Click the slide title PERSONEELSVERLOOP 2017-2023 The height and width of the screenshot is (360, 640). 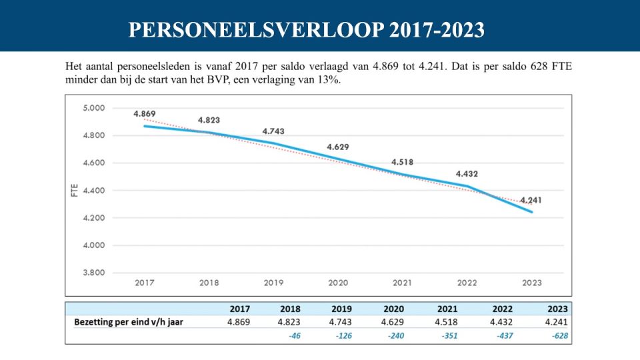306,30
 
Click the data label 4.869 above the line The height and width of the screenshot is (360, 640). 145,114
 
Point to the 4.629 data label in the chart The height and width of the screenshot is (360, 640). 338,147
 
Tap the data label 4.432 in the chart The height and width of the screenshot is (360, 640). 467,174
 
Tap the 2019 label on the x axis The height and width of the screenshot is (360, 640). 273,283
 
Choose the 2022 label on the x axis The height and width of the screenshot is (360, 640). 467,283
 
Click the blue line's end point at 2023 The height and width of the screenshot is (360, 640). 532,212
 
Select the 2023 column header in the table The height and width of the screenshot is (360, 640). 557,309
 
